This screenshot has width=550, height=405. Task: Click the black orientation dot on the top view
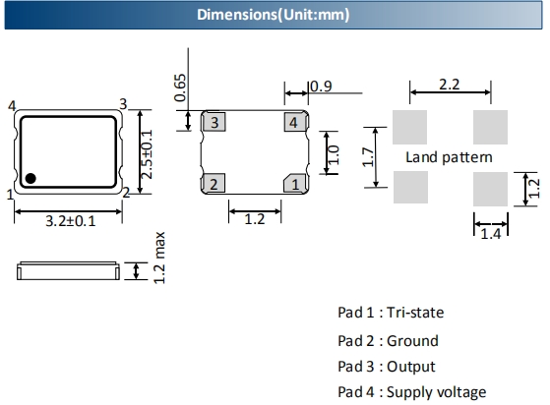31,178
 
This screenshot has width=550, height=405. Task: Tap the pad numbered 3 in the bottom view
214,122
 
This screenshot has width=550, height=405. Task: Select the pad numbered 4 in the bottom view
295,122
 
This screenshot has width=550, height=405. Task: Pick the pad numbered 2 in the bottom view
214,183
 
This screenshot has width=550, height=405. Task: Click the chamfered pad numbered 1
295,183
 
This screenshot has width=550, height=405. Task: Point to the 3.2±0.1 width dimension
71,221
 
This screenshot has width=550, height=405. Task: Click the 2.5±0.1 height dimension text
147,154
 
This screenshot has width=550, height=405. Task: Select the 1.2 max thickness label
158,258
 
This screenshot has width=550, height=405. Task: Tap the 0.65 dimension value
180,87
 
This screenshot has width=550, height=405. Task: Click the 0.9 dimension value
321,87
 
